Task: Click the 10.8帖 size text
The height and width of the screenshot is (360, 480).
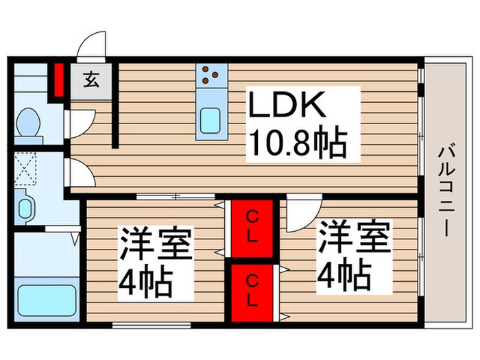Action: coord(296,143)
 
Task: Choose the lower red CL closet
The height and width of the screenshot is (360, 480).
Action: coord(252,291)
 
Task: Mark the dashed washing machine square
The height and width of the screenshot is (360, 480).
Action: coord(26,167)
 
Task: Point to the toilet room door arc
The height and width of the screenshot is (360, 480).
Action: coord(77,122)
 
